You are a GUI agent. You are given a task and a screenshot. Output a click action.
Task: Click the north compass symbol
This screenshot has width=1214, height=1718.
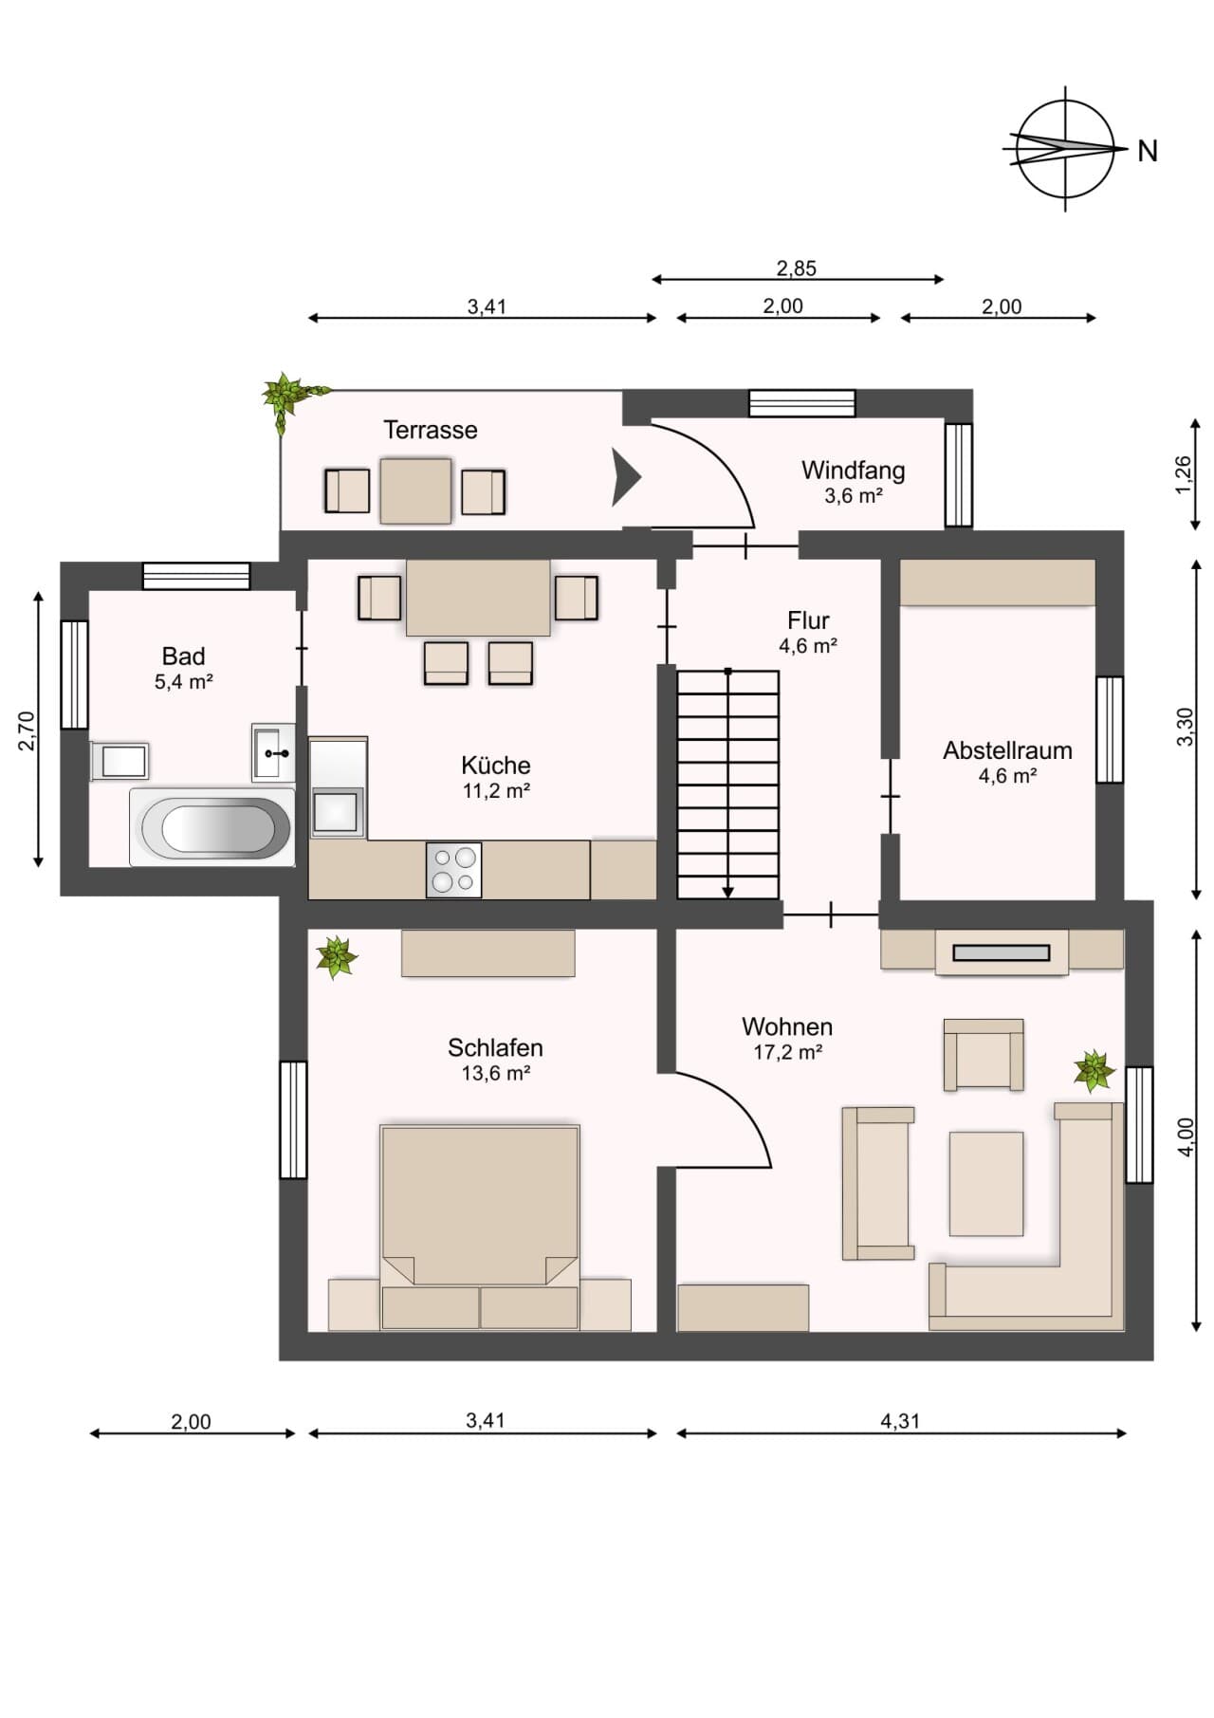point(1066,149)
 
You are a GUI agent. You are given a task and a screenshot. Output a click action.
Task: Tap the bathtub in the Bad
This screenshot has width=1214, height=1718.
point(211,827)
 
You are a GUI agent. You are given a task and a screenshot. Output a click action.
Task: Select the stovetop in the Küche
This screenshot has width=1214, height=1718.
point(453,869)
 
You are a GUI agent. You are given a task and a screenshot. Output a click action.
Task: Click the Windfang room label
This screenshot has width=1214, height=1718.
point(853,471)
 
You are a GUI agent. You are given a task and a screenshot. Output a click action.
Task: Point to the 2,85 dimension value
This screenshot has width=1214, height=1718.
point(797,268)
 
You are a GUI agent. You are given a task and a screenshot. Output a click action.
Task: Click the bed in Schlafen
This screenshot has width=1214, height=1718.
point(479,1226)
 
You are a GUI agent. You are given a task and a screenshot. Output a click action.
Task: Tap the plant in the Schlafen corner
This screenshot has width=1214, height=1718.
point(337,957)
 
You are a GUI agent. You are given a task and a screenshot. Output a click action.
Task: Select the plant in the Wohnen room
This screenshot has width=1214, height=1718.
point(1094,1070)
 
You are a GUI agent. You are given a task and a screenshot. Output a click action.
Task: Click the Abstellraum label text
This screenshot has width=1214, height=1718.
point(1007,750)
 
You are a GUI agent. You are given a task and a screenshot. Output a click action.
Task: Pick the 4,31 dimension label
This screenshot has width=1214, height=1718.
point(900,1421)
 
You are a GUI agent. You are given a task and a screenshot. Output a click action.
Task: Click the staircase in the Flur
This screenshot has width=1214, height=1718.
point(727,785)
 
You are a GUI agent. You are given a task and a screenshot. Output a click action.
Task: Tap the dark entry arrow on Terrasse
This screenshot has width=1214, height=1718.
point(626,477)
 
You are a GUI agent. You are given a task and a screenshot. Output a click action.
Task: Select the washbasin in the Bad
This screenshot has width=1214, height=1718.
point(273,752)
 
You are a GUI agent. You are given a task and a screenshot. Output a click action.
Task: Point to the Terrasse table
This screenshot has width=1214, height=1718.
point(415,490)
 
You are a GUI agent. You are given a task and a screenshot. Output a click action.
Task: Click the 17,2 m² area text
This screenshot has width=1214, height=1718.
point(787,1052)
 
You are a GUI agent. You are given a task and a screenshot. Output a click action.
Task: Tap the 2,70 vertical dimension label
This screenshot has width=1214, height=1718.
point(28,730)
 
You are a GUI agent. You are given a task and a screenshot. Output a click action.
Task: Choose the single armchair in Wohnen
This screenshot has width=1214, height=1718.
point(984,1054)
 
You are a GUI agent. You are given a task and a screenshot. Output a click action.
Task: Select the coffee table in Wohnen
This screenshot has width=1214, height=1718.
point(986,1183)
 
